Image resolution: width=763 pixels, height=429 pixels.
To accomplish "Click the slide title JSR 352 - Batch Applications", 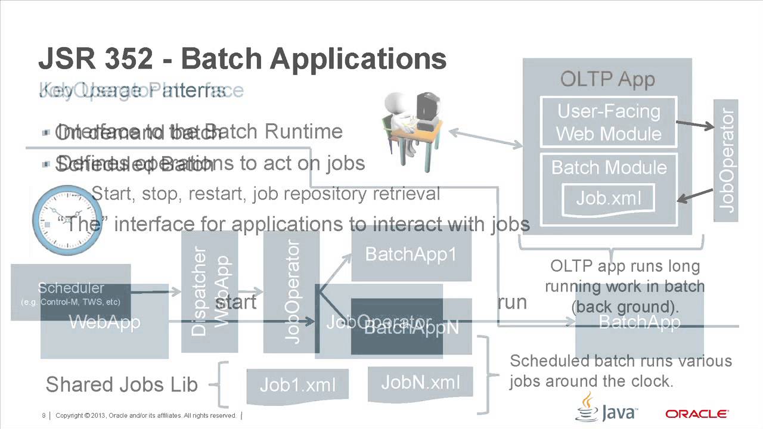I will coord(242,60).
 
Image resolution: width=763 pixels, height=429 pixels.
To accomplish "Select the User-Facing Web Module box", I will coord(608,123).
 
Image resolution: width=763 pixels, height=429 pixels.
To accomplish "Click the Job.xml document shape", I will coord(609,198).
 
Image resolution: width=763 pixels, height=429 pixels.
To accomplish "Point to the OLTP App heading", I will coord(607,79).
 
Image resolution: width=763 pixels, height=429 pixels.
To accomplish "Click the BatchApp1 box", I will coord(411,254).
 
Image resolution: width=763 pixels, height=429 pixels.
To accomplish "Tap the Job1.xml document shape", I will coord(297,385).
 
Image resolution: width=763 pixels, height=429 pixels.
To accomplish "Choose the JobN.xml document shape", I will coord(420,382).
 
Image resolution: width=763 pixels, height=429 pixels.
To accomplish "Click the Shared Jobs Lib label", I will coord(122,384).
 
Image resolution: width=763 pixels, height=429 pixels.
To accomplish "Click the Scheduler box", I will coord(70,293).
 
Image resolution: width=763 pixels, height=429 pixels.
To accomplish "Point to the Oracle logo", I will coord(696,414).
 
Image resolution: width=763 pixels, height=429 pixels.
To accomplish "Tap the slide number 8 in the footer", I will coord(44,415).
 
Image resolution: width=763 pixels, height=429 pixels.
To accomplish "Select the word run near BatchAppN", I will coord(512,302).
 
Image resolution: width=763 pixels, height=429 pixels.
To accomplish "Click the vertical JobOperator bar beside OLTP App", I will coord(725,160).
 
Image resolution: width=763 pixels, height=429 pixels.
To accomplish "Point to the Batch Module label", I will coord(609,167).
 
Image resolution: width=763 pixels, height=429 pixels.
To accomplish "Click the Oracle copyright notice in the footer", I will coord(146,415).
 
